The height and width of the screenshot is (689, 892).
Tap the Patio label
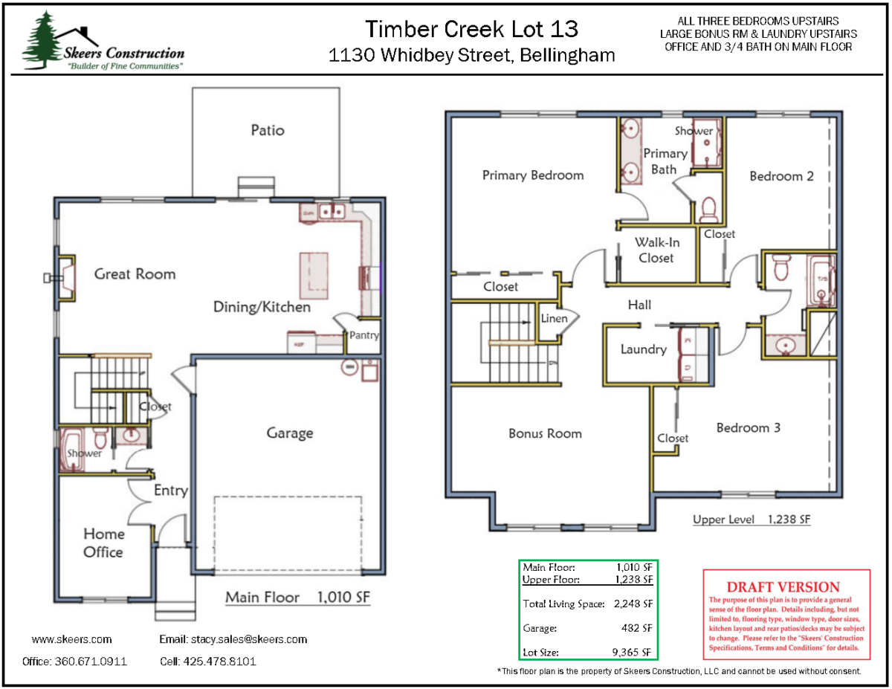coord(268,130)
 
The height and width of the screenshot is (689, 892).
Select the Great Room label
coord(135,274)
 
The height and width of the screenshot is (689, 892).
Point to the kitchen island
coord(314,274)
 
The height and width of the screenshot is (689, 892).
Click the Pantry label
coord(364,335)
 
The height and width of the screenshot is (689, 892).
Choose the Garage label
coord(289,433)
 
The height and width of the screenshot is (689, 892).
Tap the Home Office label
coord(103,543)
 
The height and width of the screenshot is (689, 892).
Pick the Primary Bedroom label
coord(533,175)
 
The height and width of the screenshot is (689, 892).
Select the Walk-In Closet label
coord(656,250)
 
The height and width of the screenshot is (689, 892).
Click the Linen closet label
coord(554,319)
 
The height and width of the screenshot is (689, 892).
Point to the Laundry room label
coord(643,349)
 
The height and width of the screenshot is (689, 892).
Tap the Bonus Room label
coord(545,433)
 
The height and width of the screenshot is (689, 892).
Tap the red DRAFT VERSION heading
coord(783,587)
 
